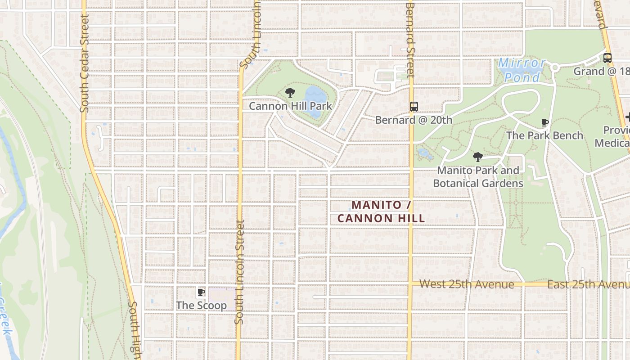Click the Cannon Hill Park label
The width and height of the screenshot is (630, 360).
click(x=290, y=106)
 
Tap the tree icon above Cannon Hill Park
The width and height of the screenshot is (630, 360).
click(x=290, y=93)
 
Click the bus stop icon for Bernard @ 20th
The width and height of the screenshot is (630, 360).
click(x=414, y=107)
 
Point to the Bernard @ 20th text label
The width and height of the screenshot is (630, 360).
click(x=413, y=120)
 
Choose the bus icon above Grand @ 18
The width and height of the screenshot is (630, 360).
click(x=607, y=58)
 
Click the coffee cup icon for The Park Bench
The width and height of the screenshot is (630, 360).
click(x=544, y=122)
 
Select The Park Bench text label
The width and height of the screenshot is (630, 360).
click(x=544, y=135)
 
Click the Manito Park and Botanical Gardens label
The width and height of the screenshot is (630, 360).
click(x=478, y=177)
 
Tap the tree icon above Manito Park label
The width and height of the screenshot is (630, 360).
click(x=478, y=157)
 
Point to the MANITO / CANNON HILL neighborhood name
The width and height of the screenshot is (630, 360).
click(x=381, y=211)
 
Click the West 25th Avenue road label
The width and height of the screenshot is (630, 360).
click(x=467, y=284)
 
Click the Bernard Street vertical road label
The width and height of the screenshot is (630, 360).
click(x=409, y=40)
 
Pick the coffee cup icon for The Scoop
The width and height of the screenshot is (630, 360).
click(x=201, y=292)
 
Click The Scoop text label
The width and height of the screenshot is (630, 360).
click(x=201, y=306)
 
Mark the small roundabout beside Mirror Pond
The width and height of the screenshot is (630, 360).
click(x=555, y=67)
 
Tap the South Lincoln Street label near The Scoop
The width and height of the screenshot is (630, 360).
click(x=239, y=272)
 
